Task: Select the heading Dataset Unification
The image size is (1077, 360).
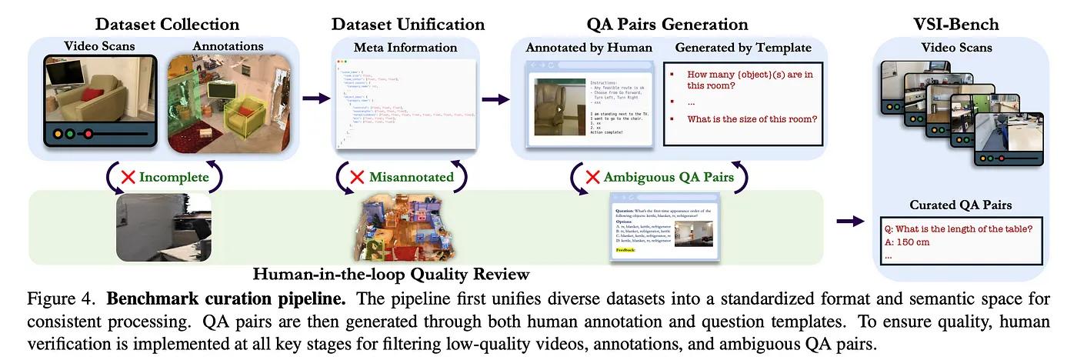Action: coord(408,25)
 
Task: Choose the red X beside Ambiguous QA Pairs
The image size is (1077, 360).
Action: coord(592,177)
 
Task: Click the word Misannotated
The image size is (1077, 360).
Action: coord(411,177)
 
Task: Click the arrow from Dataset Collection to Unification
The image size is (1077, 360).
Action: coord(315,98)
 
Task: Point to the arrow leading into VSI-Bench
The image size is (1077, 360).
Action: coord(849,222)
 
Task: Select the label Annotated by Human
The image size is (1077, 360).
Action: coord(589,48)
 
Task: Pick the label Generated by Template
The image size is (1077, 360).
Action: coord(743,48)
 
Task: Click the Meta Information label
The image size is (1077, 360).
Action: coord(405,48)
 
